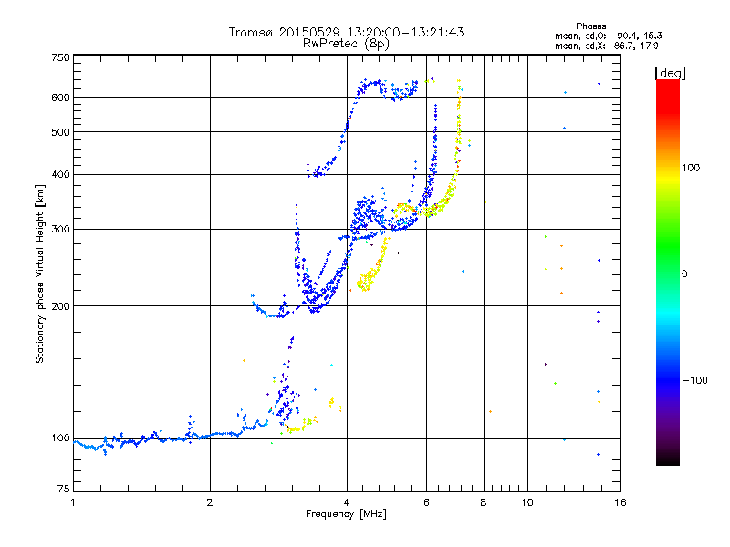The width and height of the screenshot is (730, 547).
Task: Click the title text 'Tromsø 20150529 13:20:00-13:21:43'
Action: [346, 32]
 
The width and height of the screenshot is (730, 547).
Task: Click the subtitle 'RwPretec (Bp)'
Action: [346, 43]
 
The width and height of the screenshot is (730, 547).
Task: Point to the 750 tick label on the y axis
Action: [60, 57]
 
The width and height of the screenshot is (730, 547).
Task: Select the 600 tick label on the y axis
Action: [60, 98]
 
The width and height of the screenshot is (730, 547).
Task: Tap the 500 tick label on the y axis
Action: [60, 132]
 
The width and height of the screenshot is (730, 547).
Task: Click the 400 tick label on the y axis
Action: [60, 175]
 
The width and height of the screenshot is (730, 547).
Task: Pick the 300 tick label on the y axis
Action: [60, 230]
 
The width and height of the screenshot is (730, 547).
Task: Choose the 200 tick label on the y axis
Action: [60, 306]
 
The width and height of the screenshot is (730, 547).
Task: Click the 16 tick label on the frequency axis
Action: [620, 502]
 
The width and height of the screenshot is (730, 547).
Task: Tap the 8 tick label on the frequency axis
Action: [484, 502]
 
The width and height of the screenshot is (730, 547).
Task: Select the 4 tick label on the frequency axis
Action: [347, 502]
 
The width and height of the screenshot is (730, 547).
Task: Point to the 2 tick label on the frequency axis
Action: [210, 502]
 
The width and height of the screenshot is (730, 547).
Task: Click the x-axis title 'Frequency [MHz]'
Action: [346, 514]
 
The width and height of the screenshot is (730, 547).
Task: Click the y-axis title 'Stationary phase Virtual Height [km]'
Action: [40, 273]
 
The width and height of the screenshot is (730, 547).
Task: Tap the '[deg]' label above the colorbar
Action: [672, 72]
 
